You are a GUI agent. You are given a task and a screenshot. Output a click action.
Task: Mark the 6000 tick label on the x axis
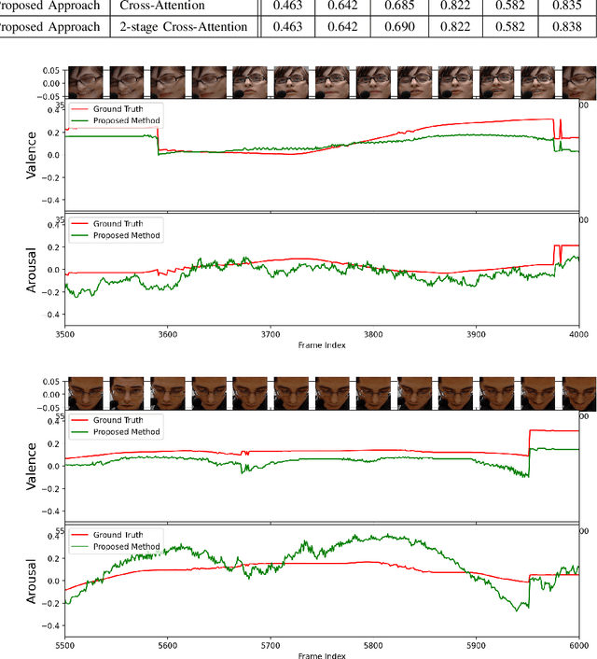(x=578, y=644)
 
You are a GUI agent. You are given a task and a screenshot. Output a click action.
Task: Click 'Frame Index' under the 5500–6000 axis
(x=320, y=655)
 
